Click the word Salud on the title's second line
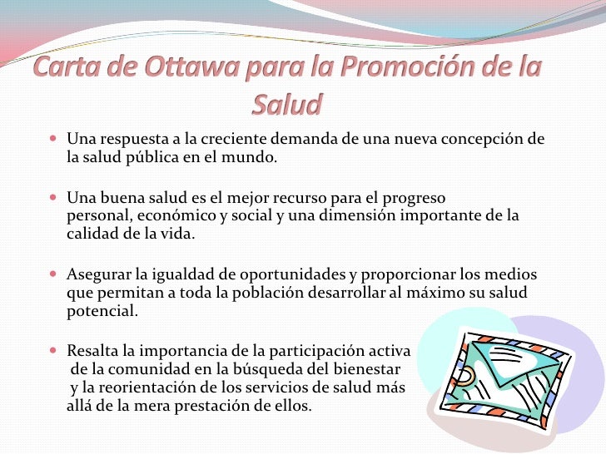pyautogui.click(x=286, y=106)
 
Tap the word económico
pyautogui.click(x=170, y=216)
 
